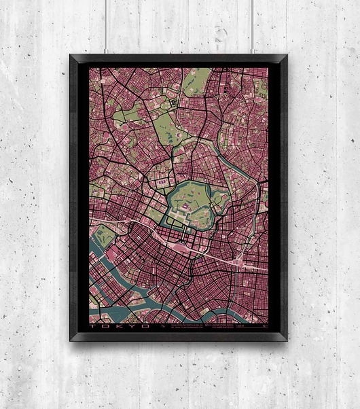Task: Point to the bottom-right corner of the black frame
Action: [x=287, y=339]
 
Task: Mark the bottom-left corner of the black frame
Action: [x=71, y=339]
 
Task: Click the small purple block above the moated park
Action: [x=162, y=181]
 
